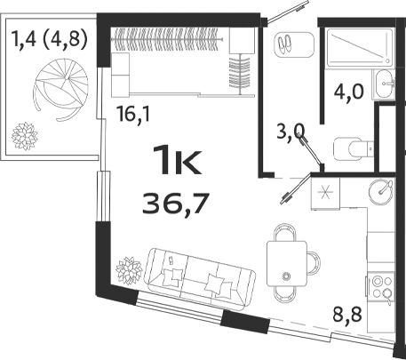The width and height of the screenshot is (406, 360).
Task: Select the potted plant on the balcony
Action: point(21,136)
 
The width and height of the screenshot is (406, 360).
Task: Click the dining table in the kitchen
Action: point(287,260)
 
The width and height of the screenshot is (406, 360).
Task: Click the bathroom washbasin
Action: point(386,82)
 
